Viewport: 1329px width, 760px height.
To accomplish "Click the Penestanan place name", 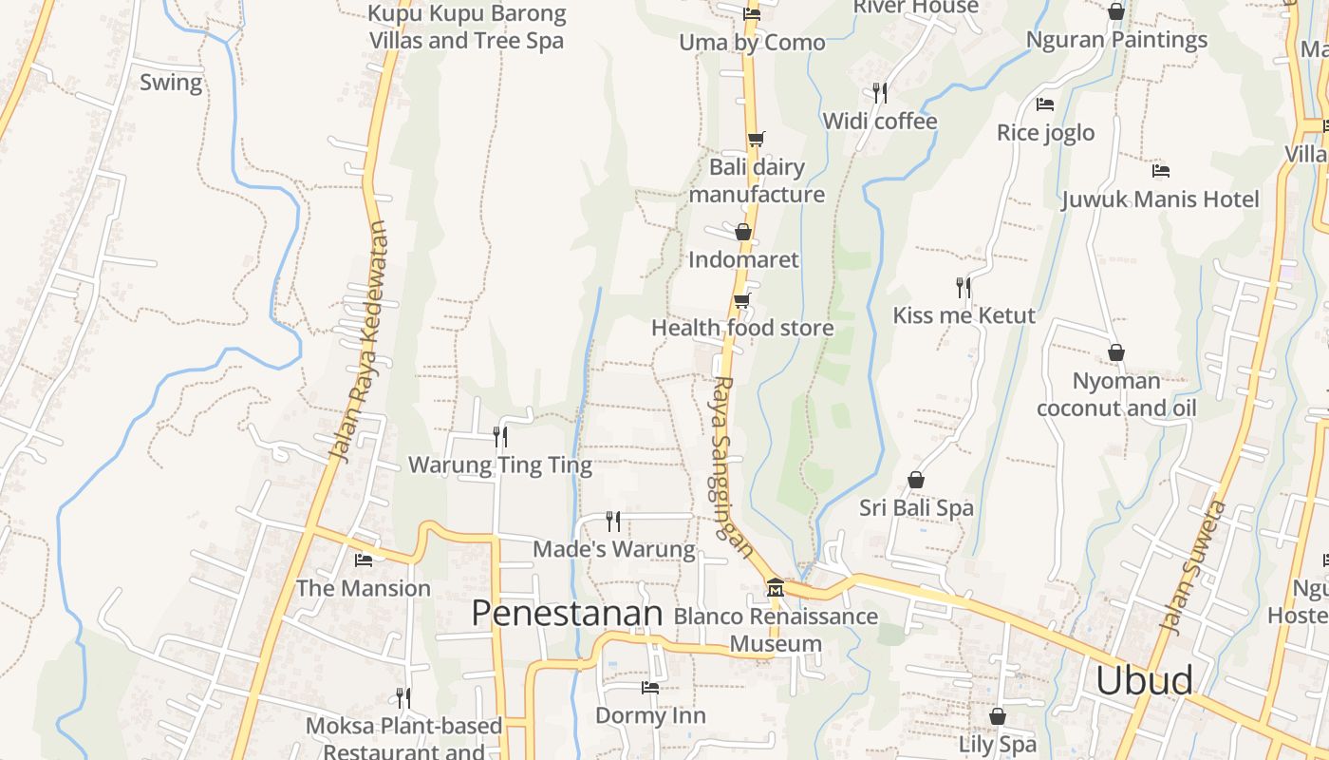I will [x=567, y=614].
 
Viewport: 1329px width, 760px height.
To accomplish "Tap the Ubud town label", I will [x=1144, y=680].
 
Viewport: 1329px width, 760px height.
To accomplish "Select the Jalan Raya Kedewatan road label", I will [x=357, y=342].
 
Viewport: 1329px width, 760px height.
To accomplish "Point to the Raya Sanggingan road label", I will [x=732, y=465].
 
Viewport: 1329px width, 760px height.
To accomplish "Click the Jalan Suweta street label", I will [x=1192, y=567].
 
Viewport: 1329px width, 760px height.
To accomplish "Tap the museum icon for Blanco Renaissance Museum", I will [x=775, y=589].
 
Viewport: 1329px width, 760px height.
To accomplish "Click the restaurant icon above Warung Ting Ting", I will [x=500, y=436].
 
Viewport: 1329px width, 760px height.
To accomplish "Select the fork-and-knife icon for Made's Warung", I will [x=613, y=521].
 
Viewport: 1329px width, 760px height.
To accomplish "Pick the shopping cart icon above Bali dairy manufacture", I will [x=756, y=140].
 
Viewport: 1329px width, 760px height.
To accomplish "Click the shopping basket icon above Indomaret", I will [x=743, y=232].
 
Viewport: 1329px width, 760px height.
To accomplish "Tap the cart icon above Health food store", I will [x=742, y=301].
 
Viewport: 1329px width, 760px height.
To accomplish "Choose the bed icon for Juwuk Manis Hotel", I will [x=1160, y=171].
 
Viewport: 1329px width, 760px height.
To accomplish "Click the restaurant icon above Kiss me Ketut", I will [x=964, y=287].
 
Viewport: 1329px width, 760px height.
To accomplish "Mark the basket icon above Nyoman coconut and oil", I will [x=1116, y=352].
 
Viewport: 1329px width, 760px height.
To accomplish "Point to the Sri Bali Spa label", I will [x=916, y=508].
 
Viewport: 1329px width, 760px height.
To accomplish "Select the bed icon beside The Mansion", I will [x=364, y=560].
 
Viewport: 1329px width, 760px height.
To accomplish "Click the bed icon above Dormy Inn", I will [x=650, y=687].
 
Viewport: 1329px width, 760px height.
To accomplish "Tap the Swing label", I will [x=171, y=83].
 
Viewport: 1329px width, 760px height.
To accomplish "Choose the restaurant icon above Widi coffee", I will [x=880, y=92].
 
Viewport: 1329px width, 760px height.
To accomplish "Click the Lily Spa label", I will [x=997, y=744].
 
